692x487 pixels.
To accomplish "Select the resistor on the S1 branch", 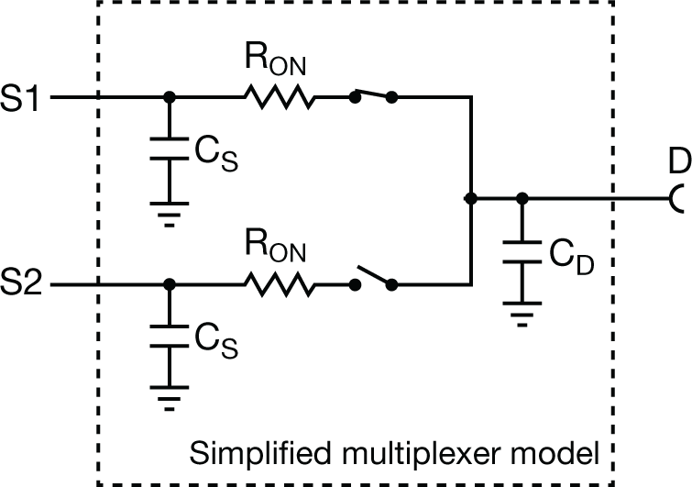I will (x=279, y=96).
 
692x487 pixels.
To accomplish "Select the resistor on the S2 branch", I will (x=279, y=285).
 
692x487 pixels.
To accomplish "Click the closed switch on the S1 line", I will (x=373, y=95).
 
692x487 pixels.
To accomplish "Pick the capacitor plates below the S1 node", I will (x=168, y=152).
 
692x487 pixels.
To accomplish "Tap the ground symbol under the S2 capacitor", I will (x=168, y=398).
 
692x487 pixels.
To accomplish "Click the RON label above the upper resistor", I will (x=277, y=62).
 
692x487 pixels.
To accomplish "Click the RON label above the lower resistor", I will (x=277, y=251).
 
